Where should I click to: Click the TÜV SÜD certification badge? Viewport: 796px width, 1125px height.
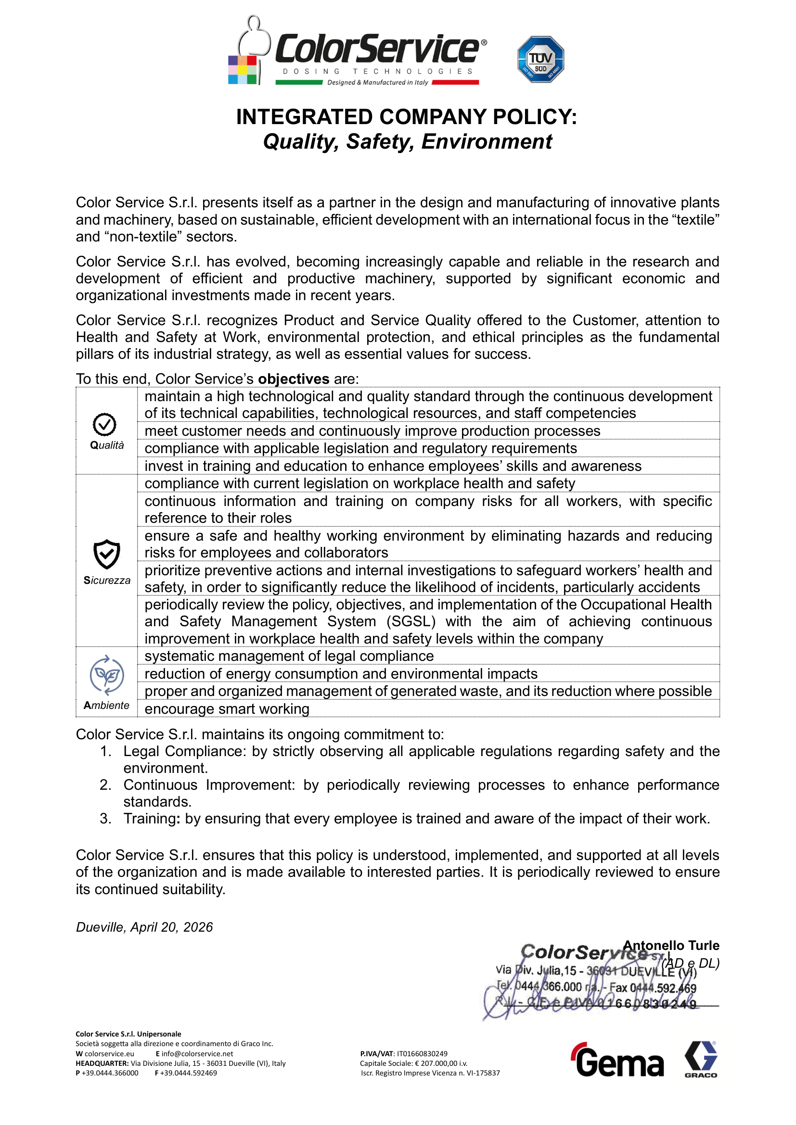coord(540,59)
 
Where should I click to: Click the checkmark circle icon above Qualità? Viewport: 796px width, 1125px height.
coord(104,424)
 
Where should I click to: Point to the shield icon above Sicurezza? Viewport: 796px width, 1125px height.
coord(106,554)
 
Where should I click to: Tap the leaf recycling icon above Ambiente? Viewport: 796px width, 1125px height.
coord(106,675)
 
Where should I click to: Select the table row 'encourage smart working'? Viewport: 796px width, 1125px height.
coord(227,709)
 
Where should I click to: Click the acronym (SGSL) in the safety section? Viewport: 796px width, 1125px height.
coord(411,621)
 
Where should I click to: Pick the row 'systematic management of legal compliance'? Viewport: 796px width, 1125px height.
coord(289,656)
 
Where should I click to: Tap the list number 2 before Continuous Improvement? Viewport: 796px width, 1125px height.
coord(105,785)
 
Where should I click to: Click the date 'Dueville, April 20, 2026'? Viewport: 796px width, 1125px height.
coord(144,927)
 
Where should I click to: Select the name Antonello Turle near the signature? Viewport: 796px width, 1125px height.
coord(670,945)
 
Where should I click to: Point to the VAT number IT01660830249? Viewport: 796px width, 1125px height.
coord(422,1053)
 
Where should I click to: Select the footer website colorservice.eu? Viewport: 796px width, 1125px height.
coord(109,1054)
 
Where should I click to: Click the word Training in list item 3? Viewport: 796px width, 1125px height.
coord(150,819)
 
